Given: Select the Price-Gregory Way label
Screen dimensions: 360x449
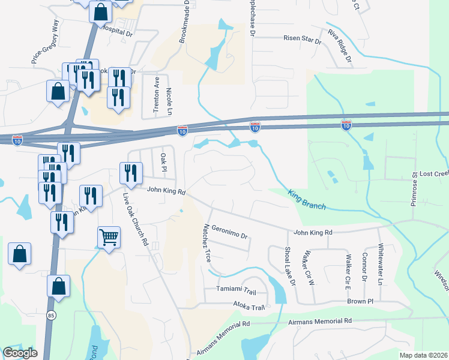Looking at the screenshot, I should tap(46, 42).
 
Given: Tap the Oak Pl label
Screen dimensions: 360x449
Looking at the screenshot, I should tap(163, 162).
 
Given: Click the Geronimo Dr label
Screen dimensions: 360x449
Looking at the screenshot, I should tap(230, 232).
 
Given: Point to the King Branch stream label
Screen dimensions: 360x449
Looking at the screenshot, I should tap(307, 200).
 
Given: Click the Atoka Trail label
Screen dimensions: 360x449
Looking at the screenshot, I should tap(249, 308).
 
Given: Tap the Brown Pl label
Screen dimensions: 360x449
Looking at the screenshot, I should tap(360, 301).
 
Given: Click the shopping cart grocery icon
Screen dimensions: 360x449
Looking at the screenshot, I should tap(108, 237).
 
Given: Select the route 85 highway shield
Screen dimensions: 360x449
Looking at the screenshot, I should tap(52, 314).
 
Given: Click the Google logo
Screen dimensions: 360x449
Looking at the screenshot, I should tap(20, 353).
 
